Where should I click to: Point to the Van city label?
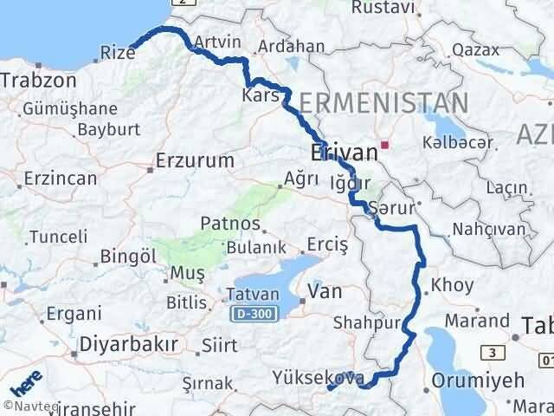(325, 292)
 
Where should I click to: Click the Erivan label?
(344, 153)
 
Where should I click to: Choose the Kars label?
(261, 96)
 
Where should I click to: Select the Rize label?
(117, 54)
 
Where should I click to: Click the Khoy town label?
(452, 283)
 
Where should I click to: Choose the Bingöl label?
(128, 257)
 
